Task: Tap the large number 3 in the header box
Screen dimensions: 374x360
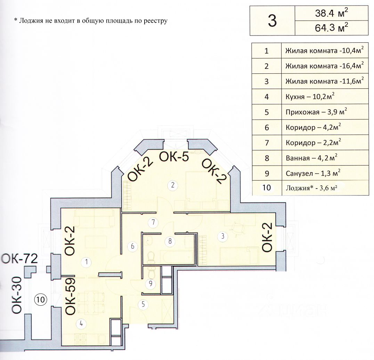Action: coord(272,21)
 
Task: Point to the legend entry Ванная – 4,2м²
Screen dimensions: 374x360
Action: coord(311,158)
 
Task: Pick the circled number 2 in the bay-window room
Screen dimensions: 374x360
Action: coord(173,185)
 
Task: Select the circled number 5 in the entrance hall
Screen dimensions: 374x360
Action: coord(143,304)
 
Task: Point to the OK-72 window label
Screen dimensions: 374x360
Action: coord(20,259)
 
